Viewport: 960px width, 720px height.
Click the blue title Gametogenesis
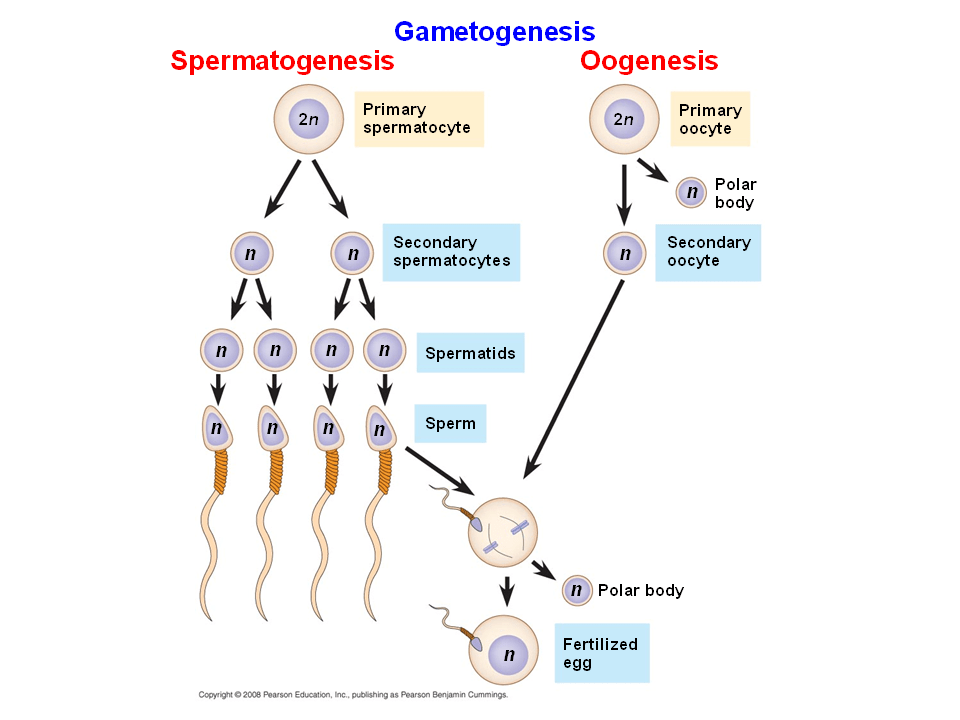pyautogui.click(x=494, y=31)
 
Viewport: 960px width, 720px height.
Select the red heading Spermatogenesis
pyautogui.click(x=282, y=61)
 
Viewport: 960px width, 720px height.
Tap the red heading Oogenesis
pyautogui.click(x=649, y=61)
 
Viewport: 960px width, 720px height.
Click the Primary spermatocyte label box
pyautogui.click(x=418, y=119)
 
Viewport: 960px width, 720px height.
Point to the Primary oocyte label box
pyautogui.click(x=709, y=119)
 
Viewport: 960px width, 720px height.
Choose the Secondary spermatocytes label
pyautogui.click(x=451, y=251)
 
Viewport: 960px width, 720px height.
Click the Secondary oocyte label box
pyautogui.click(x=708, y=251)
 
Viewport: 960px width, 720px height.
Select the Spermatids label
pyautogui.click(x=470, y=353)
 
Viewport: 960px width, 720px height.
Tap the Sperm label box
pyautogui.click(x=450, y=423)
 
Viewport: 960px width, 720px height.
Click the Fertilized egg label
pyautogui.click(x=600, y=653)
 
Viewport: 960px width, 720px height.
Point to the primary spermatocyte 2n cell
pyautogui.click(x=308, y=119)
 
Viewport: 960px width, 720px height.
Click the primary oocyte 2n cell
pyautogui.click(x=623, y=119)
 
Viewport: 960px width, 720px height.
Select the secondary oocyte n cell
pyautogui.click(x=624, y=253)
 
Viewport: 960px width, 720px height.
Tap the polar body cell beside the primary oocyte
pyautogui.click(x=690, y=192)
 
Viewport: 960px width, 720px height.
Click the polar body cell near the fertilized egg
pyautogui.click(x=576, y=590)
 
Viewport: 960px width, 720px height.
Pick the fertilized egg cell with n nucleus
pyautogui.click(x=508, y=653)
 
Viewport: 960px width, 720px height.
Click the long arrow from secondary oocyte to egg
pyautogui.click(x=575, y=375)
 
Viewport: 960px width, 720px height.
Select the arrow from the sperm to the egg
pyautogui.click(x=440, y=468)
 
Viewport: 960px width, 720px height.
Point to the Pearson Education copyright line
pyautogui.click(x=353, y=694)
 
